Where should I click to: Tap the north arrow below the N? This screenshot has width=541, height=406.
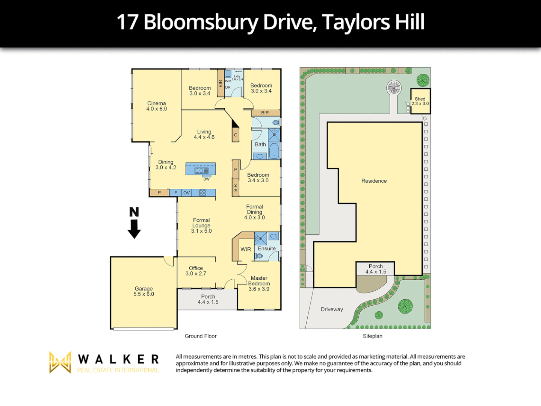134,229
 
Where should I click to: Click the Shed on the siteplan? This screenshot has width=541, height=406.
420,101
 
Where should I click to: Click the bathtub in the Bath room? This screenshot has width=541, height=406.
274,150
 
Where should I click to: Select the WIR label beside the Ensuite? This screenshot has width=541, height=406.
246,249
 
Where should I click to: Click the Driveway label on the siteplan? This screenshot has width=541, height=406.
332,309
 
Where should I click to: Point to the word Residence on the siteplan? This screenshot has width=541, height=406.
374,181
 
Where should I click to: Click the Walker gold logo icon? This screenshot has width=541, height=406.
60,362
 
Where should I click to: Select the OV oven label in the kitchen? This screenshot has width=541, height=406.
186,193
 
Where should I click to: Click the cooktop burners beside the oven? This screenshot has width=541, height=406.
202,193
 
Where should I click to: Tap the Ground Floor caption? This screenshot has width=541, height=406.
201,336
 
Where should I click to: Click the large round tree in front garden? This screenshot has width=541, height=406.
405,306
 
